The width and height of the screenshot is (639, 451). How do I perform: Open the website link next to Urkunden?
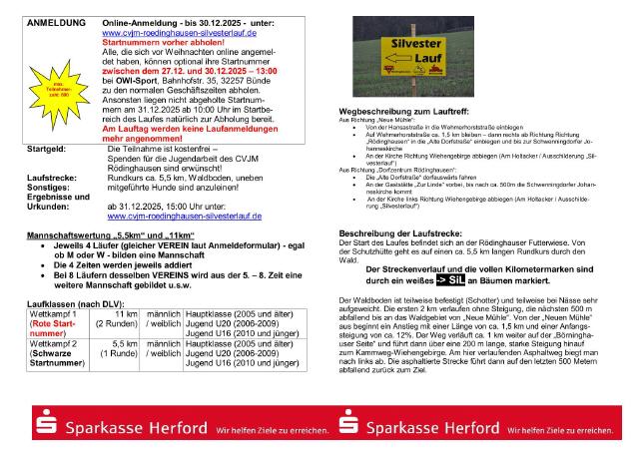click(x=184, y=216)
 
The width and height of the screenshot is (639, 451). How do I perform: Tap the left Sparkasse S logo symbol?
click(x=45, y=426)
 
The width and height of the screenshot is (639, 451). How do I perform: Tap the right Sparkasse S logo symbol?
click(x=350, y=426)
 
